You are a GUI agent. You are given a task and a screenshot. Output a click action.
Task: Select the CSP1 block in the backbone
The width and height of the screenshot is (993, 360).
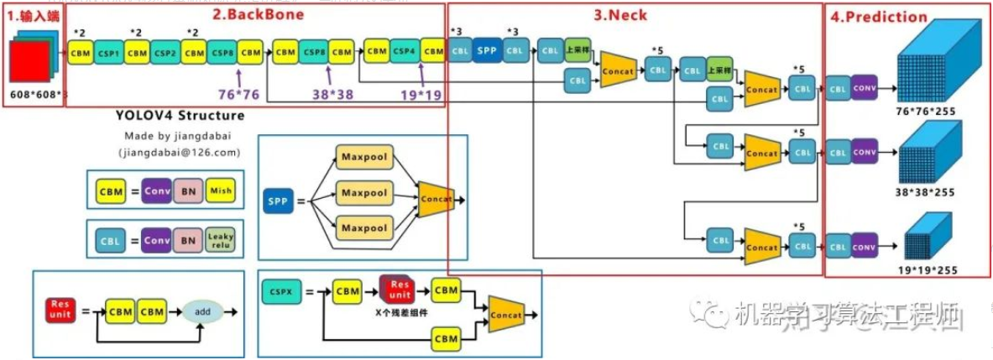(x=108, y=52)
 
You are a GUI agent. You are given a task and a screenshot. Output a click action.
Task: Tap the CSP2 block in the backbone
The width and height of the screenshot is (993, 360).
(x=165, y=52)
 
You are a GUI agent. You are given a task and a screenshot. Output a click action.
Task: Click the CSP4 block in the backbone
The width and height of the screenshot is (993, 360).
(x=405, y=51)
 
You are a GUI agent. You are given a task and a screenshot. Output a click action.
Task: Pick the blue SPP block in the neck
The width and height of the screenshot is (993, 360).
(x=487, y=50)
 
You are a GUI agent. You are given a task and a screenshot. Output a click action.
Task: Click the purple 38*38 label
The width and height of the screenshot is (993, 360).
(x=332, y=94)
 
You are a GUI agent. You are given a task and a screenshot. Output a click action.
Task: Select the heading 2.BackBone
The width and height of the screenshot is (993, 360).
(x=257, y=13)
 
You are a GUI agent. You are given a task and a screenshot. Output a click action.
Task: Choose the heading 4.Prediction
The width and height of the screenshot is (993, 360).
(x=878, y=16)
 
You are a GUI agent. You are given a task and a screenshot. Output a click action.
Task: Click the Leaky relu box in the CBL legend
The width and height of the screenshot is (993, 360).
(x=220, y=242)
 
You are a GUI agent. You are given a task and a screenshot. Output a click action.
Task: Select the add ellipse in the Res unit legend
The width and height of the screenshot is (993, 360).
(x=203, y=311)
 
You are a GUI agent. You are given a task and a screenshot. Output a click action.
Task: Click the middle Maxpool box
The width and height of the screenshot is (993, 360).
(x=363, y=193)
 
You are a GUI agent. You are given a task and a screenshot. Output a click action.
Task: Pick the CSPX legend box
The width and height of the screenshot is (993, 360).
(x=283, y=292)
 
